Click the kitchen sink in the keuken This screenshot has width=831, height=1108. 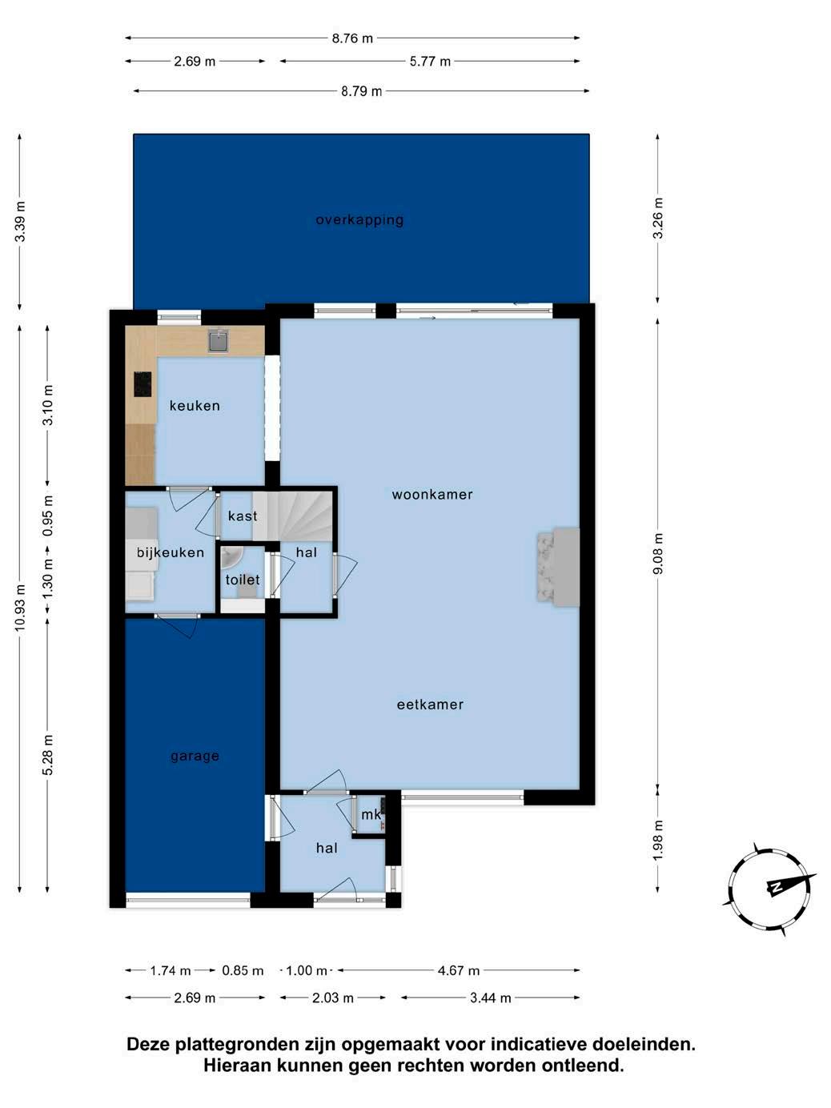pos(218,341)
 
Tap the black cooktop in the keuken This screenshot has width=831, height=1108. pos(143,384)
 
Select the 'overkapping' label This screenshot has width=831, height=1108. pos(359,219)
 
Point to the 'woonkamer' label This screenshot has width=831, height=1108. pos(432,494)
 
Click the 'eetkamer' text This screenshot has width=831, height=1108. pos(430,705)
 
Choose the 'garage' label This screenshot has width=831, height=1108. pos(195,756)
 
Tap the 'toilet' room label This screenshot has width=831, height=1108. pos(243,580)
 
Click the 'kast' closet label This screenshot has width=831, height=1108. pos(243,516)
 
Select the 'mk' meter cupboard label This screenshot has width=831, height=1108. pos(371,814)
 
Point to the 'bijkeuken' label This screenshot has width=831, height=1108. pos(171,552)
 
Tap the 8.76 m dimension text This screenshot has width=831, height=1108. pos(352,38)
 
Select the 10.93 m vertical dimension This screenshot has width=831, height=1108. pos(20,608)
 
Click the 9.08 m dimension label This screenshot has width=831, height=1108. pos(658,554)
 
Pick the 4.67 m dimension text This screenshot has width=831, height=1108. pos(459,970)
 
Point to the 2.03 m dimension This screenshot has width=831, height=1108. pos(332,998)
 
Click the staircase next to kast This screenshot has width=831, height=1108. pos(292,516)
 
